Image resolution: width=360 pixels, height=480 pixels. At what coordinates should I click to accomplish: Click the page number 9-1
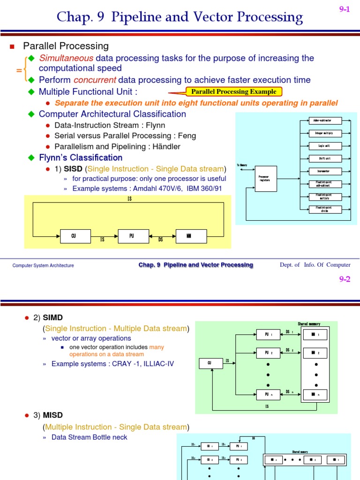pos(345,9)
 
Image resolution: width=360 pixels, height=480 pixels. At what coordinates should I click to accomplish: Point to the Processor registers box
pos(265,179)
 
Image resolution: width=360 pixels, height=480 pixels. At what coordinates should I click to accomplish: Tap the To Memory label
pos(242,165)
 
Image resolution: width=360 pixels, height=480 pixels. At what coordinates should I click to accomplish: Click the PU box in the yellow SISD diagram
pos(132,236)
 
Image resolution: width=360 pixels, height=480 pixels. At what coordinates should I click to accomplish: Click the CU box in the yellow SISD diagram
pos(74,236)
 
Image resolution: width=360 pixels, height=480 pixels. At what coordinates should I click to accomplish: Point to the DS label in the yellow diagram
pos(160,240)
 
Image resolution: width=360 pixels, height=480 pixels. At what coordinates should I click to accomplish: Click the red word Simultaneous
pos(66,58)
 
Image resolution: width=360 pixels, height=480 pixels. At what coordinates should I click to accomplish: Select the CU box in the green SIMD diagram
pos(209,362)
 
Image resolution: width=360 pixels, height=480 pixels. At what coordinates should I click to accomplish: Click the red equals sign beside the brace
pos(19,69)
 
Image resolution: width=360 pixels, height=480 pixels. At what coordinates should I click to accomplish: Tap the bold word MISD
pos(53,415)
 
